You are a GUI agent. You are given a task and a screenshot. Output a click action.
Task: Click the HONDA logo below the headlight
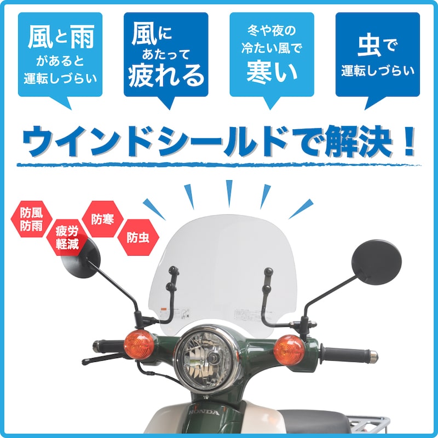(204, 412)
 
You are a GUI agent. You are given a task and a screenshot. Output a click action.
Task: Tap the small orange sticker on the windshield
(163, 312)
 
